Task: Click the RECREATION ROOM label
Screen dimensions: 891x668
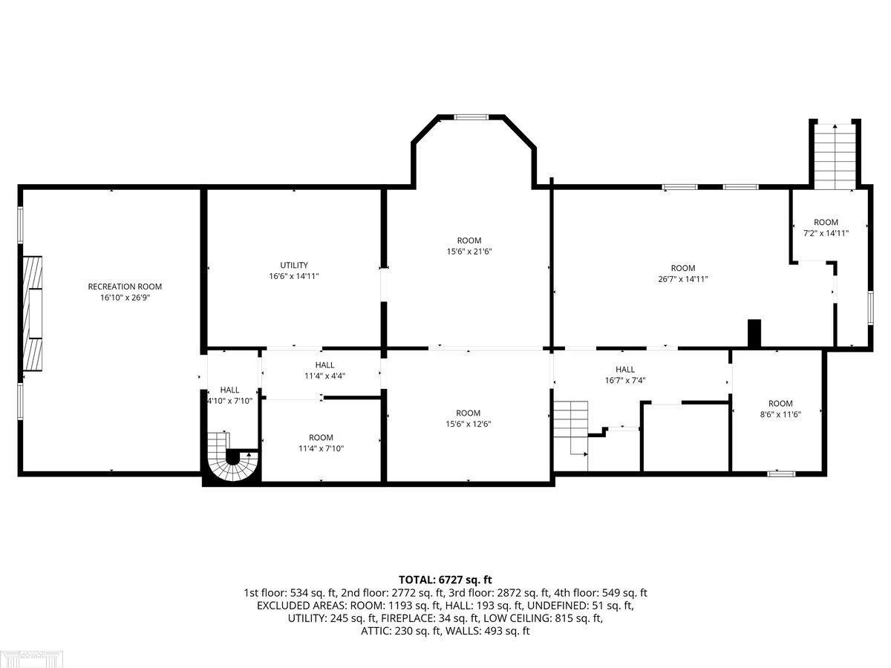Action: (125, 286)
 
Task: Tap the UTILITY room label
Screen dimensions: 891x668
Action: (294, 265)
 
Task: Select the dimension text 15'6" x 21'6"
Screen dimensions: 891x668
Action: (469, 252)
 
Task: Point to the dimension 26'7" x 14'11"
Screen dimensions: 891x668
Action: (683, 279)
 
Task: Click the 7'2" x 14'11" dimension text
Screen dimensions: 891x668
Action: (826, 233)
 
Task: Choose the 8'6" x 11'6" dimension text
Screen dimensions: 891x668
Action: (780, 414)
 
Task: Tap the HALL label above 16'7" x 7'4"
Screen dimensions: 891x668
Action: (625, 369)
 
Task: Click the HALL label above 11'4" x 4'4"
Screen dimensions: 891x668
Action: (324, 365)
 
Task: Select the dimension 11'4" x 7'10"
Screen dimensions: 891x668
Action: (321, 448)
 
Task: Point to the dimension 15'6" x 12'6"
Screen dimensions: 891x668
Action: (468, 424)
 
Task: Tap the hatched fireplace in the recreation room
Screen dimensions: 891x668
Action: (33, 313)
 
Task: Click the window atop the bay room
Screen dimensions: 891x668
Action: (471, 117)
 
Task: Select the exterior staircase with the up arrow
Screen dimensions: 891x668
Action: (835, 156)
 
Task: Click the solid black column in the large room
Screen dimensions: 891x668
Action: (754, 333)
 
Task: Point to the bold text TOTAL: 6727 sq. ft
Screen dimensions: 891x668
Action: (446, 580)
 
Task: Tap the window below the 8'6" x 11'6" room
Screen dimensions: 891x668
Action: (781, 474)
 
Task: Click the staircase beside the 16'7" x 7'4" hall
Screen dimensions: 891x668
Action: (571, 429)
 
